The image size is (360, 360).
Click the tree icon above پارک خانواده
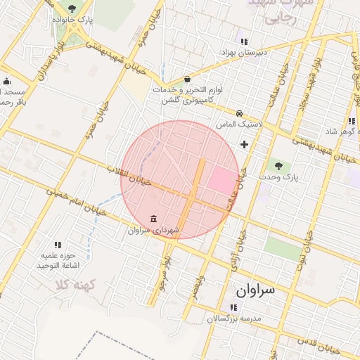(x=72, y=8)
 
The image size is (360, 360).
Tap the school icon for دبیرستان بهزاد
(x=244, y=41)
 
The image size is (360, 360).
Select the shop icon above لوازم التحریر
(x=187, y=79)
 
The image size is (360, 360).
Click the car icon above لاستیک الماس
(x=240, y=112)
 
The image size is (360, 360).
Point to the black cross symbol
(x=244, y=144)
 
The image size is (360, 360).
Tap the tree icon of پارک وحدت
(x=279, y=166)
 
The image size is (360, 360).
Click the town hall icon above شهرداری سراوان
(x=154, y=218)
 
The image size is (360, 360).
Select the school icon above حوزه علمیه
(x=58, y=245)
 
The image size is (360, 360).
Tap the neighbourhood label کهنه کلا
(x=75, y=285)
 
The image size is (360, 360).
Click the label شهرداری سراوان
(x=154, y=230)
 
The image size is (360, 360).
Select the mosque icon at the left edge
(x=6, y=81)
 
